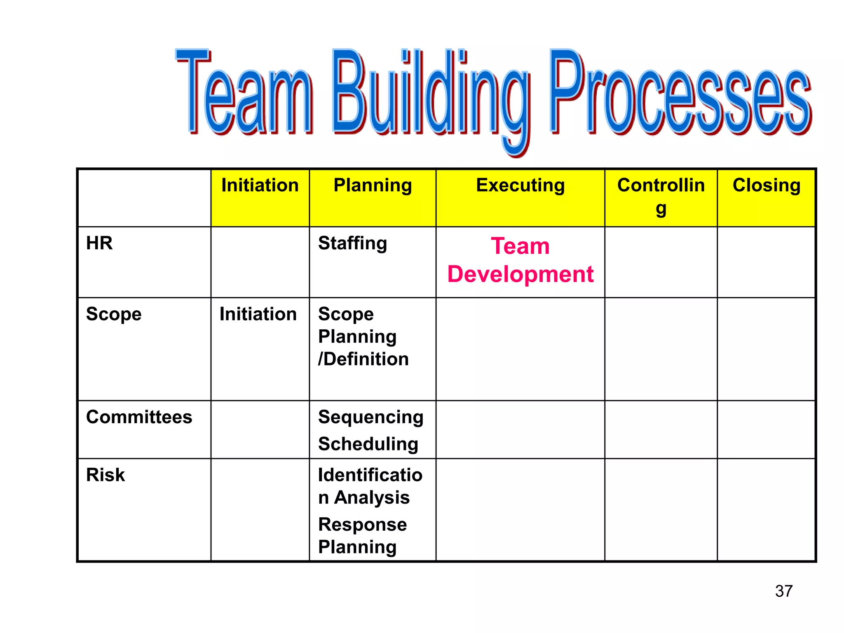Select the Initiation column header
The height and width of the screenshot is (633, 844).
[x=260, y=185]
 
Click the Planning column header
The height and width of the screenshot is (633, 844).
[x=373, y=185]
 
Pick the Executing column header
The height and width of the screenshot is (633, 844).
[x=520, y=185]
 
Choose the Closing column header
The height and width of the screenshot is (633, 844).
[x=766, y=185]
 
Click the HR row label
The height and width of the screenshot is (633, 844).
[x=99, y=243]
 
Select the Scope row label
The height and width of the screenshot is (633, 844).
[x=114, y=314]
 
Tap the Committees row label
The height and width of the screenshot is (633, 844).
[x=139, y=417]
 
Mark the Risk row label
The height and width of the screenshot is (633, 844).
[x=105, y=475]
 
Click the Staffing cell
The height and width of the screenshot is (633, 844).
[x=352, y=243]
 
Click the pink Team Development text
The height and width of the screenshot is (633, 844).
[x=520, y=260]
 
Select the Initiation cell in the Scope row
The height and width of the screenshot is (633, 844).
[x=258, y=314]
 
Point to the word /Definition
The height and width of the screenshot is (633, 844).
[x=363, y=359]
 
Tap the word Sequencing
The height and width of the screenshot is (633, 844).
[x=370, y=417]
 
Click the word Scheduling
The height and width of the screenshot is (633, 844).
[x=368, y=444]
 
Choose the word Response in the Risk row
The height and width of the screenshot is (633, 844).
[x=362, y=525]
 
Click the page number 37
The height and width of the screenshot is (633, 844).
[x=783, y=591]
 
